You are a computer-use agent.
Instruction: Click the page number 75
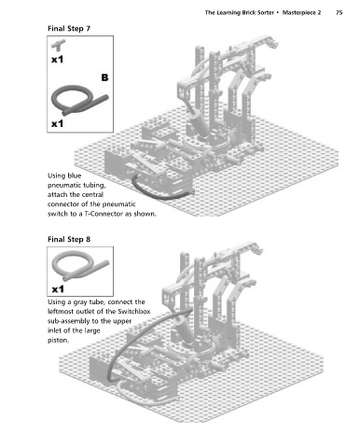[x=339, y=13]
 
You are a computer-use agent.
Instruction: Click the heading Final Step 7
[x=69, y=29]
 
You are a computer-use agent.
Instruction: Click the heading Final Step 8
[x=69, y=239]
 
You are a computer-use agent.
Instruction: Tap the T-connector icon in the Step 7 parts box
[x=58, y=46]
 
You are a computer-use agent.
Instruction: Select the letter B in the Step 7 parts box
[x=104, y=77]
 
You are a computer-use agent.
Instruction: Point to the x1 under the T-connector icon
[x=57, y=59]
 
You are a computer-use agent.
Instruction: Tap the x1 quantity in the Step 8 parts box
[x=58, y=289]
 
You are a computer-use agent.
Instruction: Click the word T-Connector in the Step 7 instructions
[x=103, y=214]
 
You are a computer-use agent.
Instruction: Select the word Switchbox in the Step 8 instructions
[x=134, y=312]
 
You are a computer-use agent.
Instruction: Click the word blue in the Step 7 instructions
[x=74, y=175]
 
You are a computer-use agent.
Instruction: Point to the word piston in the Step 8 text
[x=58, y=341]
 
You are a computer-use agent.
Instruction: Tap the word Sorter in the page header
[x=266, y=13]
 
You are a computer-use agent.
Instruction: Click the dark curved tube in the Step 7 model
[x=156, y=193]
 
